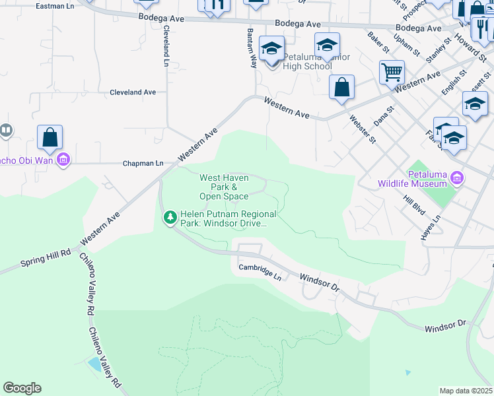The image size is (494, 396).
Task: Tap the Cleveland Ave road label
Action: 132,92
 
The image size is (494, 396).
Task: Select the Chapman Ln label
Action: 143,163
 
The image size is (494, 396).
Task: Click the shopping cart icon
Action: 392,71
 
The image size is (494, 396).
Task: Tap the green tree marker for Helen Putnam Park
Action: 170,217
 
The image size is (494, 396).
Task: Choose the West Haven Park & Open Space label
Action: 225,187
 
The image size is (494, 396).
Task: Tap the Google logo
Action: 22,388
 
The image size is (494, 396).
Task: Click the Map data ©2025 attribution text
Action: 466,391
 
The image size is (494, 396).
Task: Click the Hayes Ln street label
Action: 429,227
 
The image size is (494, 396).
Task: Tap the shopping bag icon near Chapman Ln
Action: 50,137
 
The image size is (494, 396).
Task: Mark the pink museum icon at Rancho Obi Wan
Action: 63,159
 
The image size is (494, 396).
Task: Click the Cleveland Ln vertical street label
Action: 166,46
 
